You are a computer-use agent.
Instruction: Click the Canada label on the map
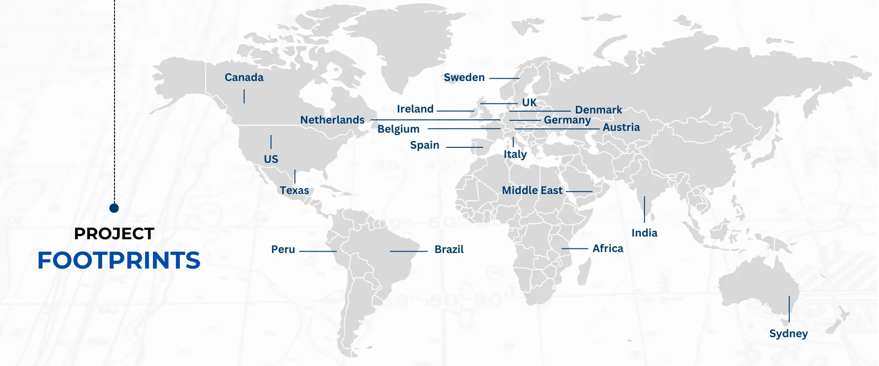click(244, 77)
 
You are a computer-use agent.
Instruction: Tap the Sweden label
click(464, 77)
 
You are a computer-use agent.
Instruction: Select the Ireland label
click(415, 109)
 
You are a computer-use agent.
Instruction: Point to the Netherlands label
click(332, 120)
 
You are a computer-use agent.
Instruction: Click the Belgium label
click(398, 129)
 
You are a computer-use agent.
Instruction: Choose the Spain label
click(424, 145)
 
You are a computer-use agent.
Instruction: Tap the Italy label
click(515, 154)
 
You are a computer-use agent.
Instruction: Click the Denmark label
click(598, 110)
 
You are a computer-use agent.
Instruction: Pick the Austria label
click(621, 127)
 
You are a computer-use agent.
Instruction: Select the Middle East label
click(532, 190)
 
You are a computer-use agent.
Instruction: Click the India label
click(644, 233)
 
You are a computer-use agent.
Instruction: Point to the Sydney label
click(788, 334)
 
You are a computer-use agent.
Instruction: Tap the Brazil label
click(449, 249)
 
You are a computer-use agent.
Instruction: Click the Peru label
click(283, 249)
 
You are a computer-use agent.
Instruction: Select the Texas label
click(294, 190)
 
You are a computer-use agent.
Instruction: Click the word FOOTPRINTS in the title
click(119, 260)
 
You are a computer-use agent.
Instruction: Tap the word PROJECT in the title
click(114, 234)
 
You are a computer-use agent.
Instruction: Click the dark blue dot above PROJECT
click(114, 208)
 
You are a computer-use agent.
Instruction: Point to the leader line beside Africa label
click(575, 248)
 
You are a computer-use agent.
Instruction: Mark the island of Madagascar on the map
click(584, 271)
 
